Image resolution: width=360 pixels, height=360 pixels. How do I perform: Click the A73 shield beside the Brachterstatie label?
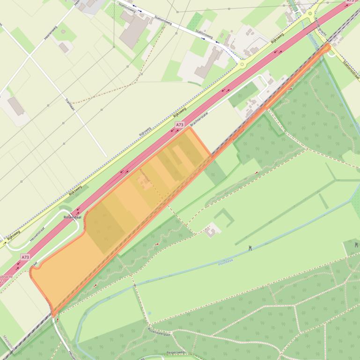pyautogui.click(x=180, y=125)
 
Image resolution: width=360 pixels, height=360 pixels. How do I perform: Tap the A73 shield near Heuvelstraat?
pyautogui.click(x=25, y=257)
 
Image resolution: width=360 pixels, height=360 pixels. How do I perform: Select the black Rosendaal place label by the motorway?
pyautogui.click(x=73, y=217)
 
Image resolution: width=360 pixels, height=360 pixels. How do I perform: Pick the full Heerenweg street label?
pyautogui.click(x=51, y=31)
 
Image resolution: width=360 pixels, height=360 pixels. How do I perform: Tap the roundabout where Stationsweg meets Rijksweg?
pyautogui.click(x=242, y=65)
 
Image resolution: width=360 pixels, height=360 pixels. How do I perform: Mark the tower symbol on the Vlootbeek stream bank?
pyautogui.click(x=250, y=247)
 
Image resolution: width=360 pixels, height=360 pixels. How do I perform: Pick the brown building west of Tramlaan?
pyautogui.click(x=16, y=106)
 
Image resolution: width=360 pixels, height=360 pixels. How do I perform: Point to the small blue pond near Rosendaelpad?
pyautogui.click(x=149, y=313)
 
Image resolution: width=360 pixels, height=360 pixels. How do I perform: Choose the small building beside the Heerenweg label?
pyautogui.click(x=64, y=47)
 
